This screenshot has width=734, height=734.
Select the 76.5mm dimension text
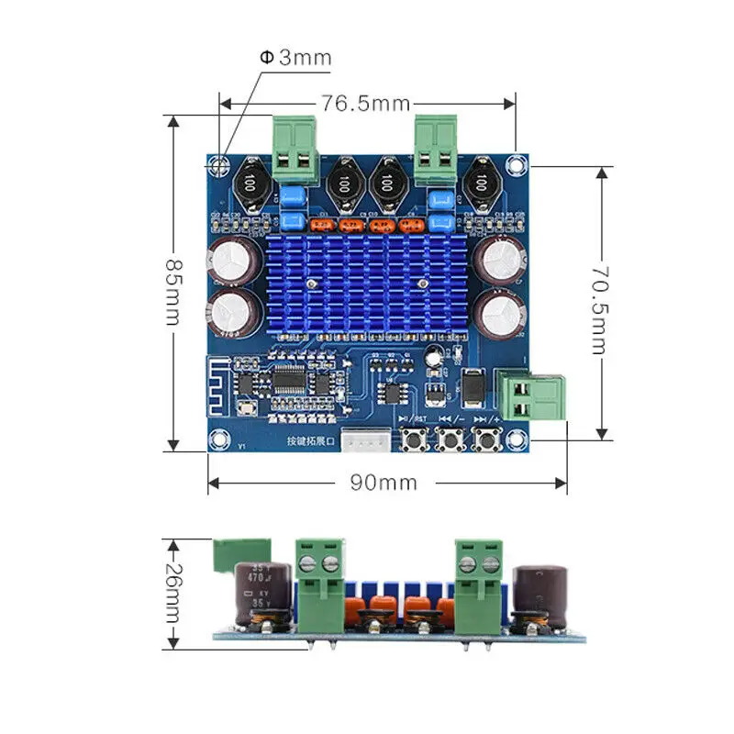coord(364,103)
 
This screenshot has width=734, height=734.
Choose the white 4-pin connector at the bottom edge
coord(361,441)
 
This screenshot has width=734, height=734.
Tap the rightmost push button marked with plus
coord(486,442)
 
